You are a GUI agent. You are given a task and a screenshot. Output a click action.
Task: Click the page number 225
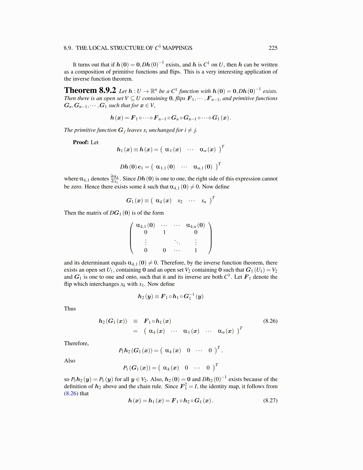(273, 48)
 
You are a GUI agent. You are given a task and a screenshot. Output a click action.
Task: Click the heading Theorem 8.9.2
(90, 90)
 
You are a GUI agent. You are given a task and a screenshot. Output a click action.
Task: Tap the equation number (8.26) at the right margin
(270, 321)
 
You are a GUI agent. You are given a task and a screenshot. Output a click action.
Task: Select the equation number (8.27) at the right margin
(270, 400)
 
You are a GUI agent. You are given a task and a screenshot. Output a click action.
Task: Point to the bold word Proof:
(81, 142)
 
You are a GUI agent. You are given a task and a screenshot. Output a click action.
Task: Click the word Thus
(70, 309)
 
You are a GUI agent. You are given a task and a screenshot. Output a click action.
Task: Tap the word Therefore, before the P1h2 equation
(77, 343)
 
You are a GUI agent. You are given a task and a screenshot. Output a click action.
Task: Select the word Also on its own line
(70, 361)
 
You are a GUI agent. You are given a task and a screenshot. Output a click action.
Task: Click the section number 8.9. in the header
(69, 48)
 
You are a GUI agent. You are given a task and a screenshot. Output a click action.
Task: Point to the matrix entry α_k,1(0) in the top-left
(145, 225)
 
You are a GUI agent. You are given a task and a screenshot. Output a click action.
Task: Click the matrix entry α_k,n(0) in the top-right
(195, 225)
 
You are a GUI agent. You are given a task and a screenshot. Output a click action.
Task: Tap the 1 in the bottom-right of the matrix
(196, 250)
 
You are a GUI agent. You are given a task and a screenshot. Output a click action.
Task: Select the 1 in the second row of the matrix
(164, 232)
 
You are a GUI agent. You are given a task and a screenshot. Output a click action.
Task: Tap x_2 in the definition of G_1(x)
(180, 201)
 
